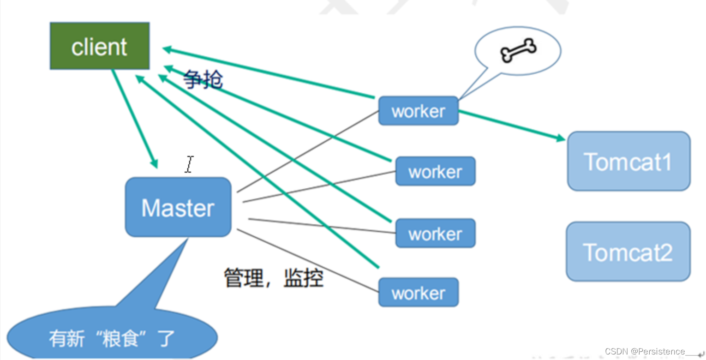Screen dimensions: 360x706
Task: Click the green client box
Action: (99, 46)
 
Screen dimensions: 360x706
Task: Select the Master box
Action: (178, 207)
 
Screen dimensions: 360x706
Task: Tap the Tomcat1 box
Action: (628, 161)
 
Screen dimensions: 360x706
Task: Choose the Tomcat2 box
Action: (628, 252)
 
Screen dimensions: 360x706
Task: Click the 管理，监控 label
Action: (274, 278)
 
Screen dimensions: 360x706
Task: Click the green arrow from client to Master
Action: (134, 118)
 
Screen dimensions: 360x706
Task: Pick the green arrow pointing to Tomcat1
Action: (512, 125)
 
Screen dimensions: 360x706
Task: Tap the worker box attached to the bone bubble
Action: (418, 111)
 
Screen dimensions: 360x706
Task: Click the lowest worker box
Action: (418, 292)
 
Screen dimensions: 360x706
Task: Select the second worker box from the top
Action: (435, 171)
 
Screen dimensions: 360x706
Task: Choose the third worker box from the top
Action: (435, 233)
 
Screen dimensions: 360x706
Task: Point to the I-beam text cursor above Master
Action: (189, 164)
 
